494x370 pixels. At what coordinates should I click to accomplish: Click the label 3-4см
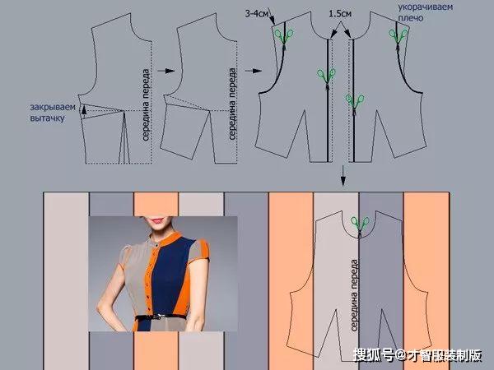click(x=256, y=14)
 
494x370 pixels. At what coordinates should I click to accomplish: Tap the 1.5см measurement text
click(x=340, y=13)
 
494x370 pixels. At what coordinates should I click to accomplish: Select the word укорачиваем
click(x=426, y=7)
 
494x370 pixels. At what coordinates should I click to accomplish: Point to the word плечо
click(x=411, y=18)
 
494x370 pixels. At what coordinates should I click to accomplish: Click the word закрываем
click(x=53, y=107)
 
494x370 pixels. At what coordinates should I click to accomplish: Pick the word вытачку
click(x=47, y=118)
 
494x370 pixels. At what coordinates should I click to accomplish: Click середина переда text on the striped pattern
click(x=354, y=295)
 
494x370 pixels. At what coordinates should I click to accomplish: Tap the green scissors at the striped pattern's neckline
click(x=360, y=225)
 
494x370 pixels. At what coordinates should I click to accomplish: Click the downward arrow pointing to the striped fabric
click(x=343, y=176)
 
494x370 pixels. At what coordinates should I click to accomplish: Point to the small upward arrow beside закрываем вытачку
click(x=84, y=112)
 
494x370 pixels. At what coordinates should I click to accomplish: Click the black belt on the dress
click(x=161, y=317)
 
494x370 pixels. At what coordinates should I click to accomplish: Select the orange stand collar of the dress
click(x=172, y=240)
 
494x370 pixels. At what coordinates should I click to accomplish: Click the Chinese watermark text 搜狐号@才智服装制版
click(x=417, y=355)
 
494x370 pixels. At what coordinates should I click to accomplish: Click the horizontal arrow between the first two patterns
click(x=165, y=71)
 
